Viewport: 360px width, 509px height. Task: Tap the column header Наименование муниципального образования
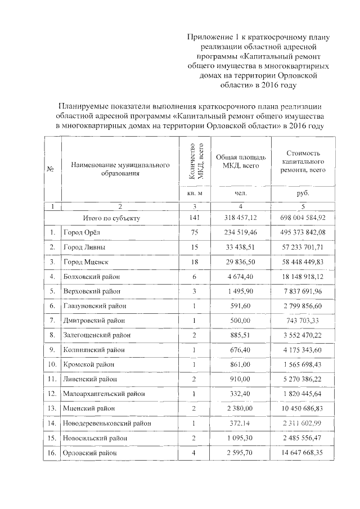(x=120, y=169)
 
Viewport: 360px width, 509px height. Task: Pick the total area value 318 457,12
(x=240, y=217)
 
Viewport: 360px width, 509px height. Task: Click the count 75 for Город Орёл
(x=193, y=232)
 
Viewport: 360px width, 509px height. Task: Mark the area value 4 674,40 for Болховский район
(x=240, y=276)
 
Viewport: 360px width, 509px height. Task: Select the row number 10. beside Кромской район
(x=52, y=364)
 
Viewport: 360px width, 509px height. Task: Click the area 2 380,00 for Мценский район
(x=240, y=408)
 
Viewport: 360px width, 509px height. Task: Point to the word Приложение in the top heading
(x=210, y=37)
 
